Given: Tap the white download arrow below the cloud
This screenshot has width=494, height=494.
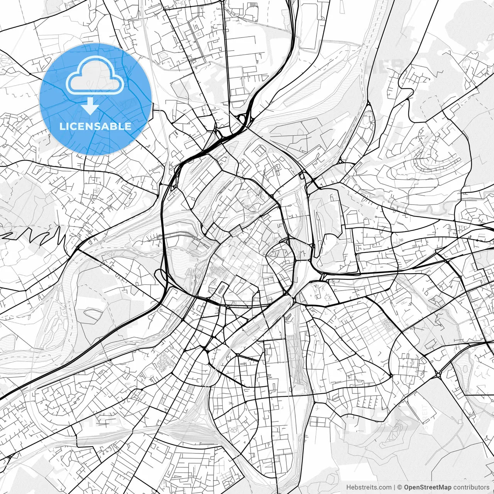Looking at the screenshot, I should coord(90,106).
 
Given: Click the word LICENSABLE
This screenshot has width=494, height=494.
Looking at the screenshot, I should coord(95,127).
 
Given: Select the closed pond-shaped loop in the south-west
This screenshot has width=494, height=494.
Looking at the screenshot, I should coord(92,315).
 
